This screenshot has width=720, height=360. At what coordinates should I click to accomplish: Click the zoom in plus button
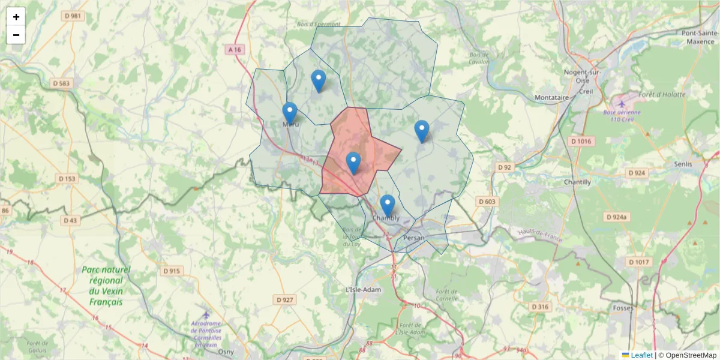tap(16, 17)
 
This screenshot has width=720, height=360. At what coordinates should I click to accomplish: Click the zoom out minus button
tap(16, 35)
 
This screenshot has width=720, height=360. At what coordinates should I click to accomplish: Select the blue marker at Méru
tap(290, 113)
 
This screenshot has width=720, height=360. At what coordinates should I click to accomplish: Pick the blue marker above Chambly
tap(388, 205)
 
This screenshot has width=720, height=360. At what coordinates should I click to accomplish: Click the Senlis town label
tap(683, 164)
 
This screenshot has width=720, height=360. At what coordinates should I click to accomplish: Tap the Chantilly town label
tap(577, 182)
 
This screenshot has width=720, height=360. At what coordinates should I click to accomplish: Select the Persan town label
tap(414, 238)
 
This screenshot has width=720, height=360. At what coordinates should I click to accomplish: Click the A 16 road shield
tap(235, 50)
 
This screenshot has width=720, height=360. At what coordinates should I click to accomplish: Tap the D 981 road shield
tap(74, 16)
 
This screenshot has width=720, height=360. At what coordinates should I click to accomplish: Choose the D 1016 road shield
tap(581, 141)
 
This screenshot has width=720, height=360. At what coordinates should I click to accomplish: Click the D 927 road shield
tap(284, 299)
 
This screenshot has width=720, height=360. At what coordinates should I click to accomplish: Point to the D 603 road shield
tap(487, 202)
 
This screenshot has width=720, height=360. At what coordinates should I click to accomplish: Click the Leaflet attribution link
tap(641, 355)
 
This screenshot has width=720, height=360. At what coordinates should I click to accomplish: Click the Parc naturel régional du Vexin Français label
tap(106, 286)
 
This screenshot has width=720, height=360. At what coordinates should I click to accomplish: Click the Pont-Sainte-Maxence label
tap(698, 37)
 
